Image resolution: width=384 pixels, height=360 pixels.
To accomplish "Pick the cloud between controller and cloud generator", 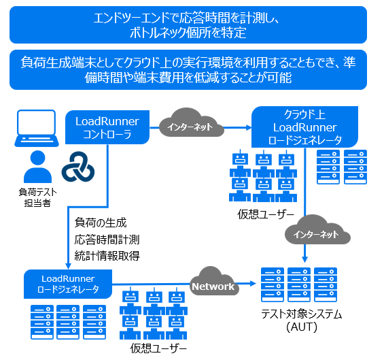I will point(190,125).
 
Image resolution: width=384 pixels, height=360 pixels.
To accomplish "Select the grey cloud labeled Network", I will point(213,286).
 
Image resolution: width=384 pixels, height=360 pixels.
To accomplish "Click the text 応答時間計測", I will point(107,239).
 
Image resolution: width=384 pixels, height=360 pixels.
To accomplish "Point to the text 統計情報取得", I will point(107,255).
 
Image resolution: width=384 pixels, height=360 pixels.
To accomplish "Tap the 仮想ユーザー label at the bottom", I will point(158,348).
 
